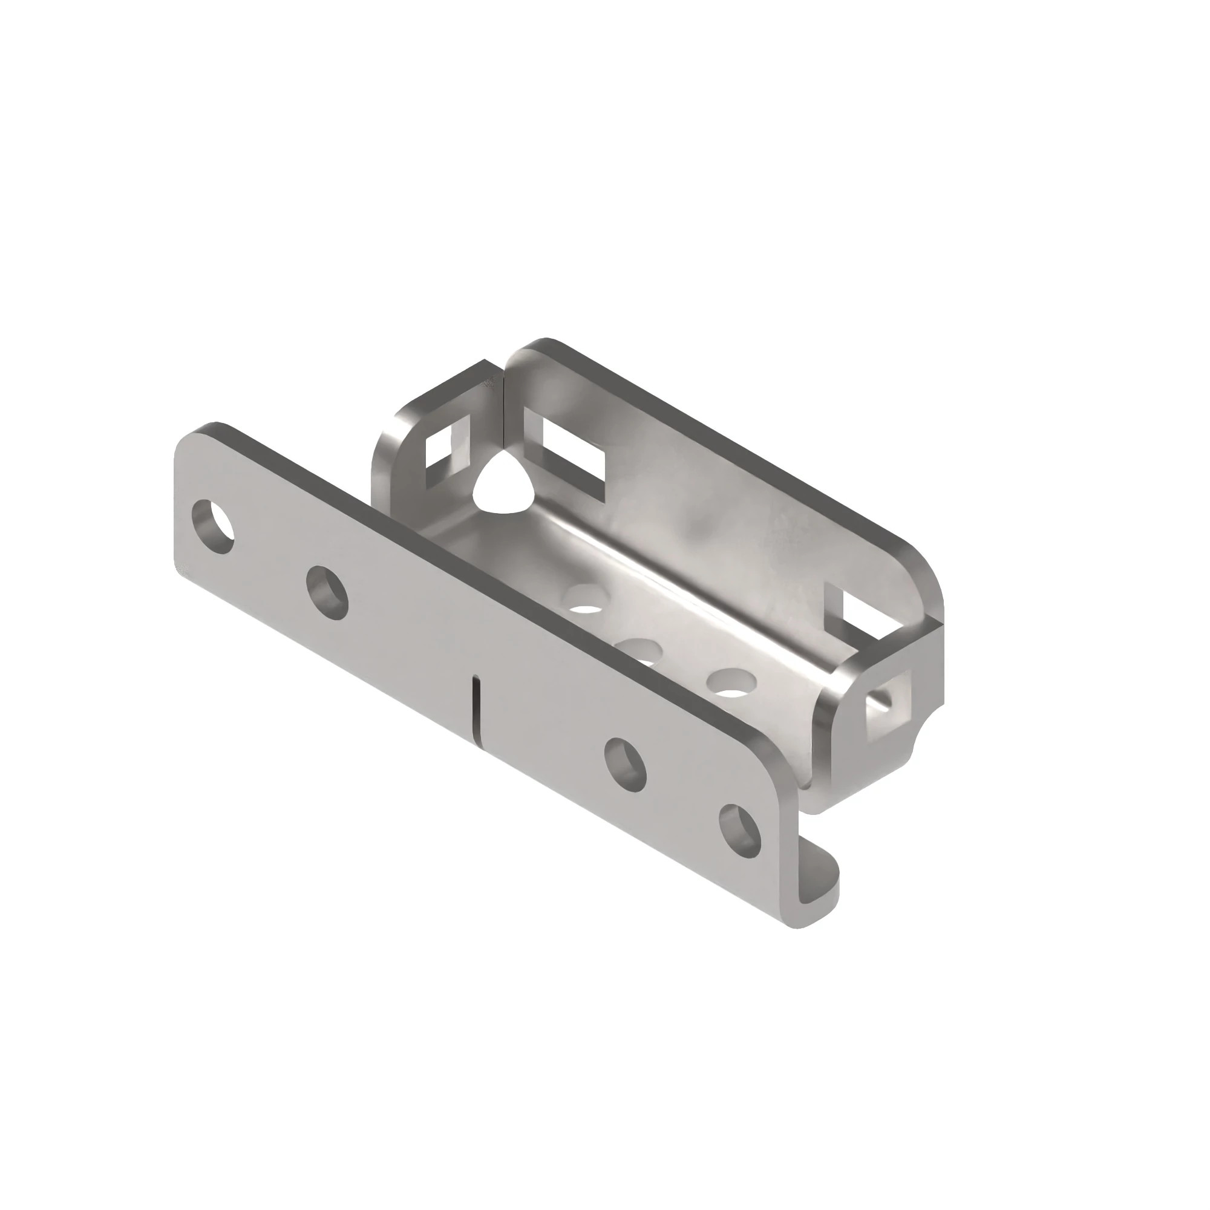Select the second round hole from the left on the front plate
[x=327, y=592]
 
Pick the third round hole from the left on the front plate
[x=625, y=764]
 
